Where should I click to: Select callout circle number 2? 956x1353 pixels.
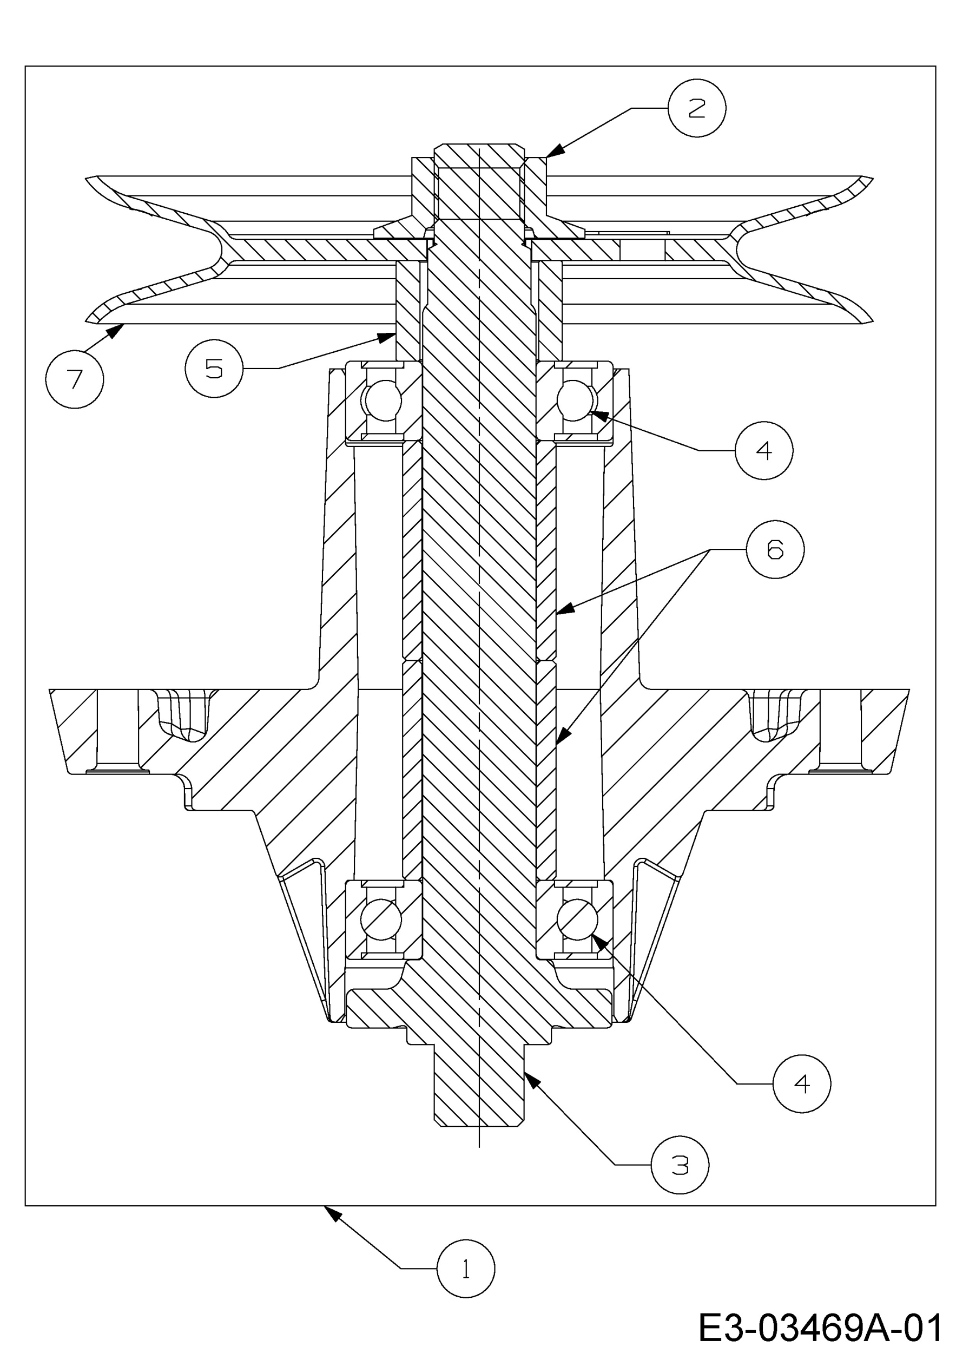click(697, 108)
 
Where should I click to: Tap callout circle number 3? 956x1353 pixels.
click(680, 1165)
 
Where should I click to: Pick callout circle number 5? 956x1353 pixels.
click(214, 369)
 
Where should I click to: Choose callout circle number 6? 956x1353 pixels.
click(775, 549)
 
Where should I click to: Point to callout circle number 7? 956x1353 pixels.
click(74, 379)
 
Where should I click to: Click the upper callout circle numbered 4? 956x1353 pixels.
click(763, 450)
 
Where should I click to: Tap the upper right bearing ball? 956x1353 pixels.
click(576, 400)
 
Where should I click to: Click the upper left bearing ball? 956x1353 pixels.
click(383, 400)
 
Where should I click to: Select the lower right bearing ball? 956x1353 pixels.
click(577, 919)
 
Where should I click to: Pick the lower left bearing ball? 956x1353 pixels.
click(381, 919)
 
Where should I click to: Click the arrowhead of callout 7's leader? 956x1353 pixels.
click(116, 331)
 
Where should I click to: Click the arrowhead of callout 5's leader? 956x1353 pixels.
click(386, 338)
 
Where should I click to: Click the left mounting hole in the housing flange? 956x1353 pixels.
click(117, 730)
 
